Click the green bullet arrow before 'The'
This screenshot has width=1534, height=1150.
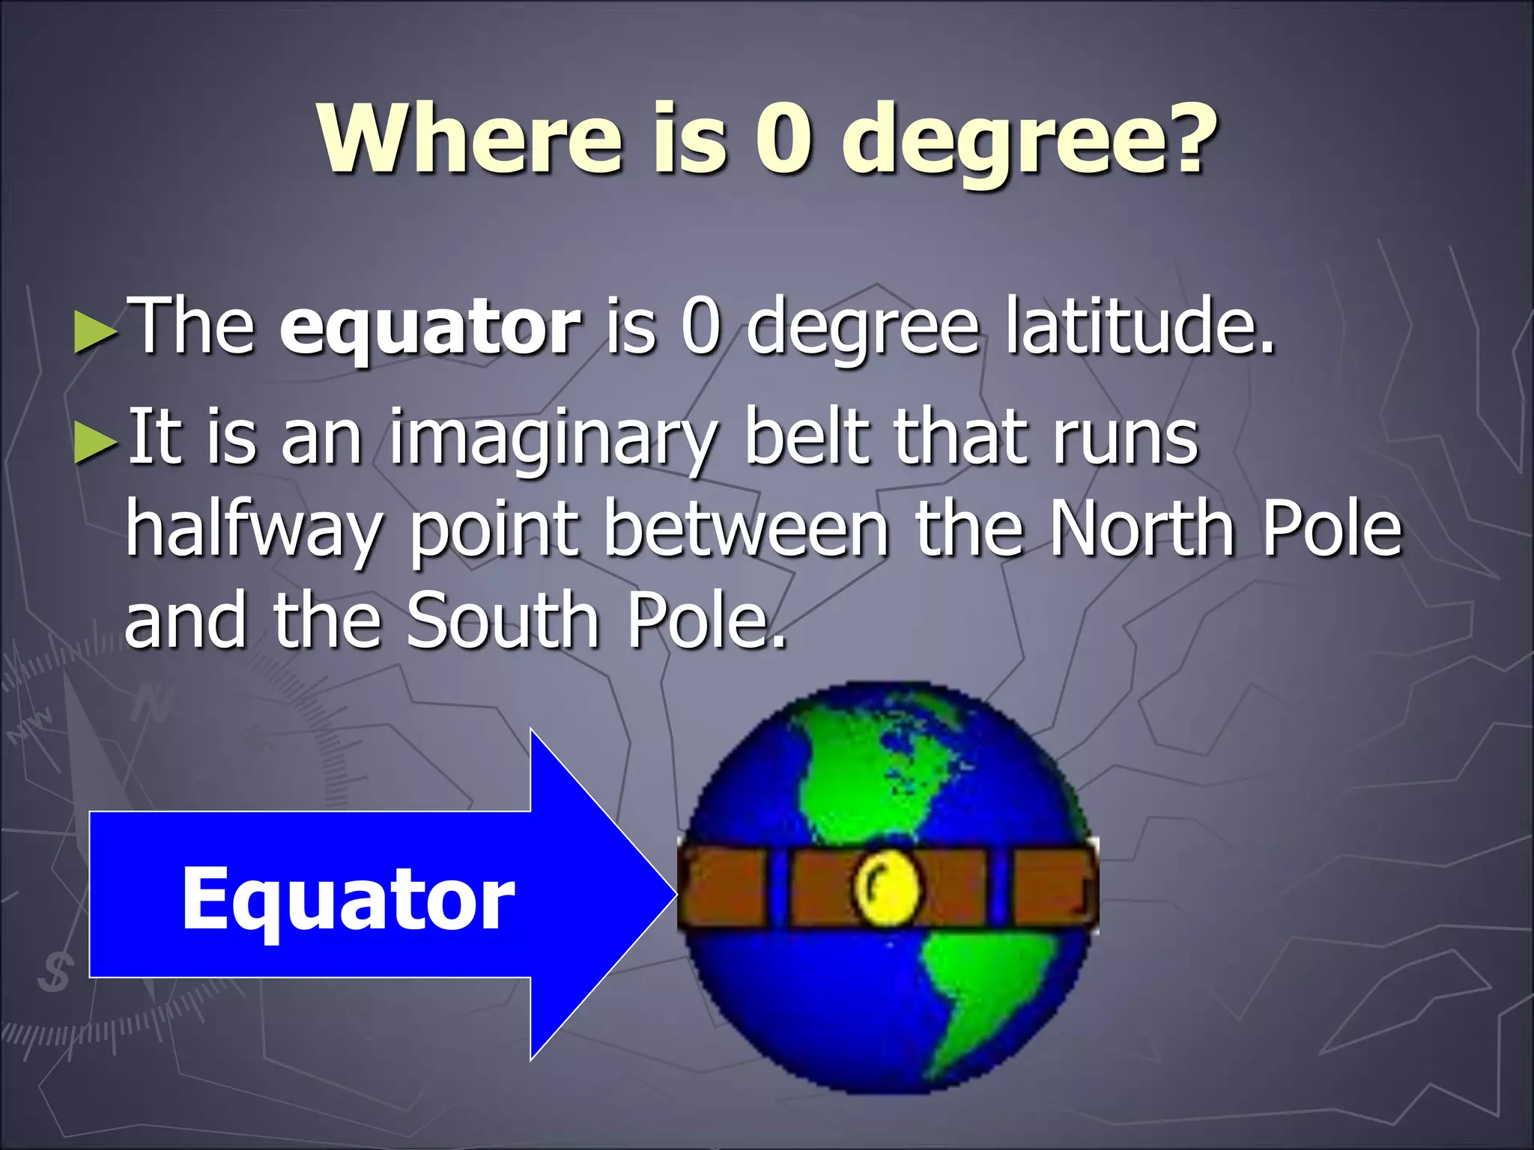pyautogui.click(x=96, y=332)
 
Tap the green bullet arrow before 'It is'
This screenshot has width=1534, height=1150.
pyautogui.click(x=96, y=444)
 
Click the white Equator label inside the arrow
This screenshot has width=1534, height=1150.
pyautogui.click(x=348, y=898)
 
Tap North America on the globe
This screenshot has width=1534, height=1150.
pyautogui.click(x=869, y=771)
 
